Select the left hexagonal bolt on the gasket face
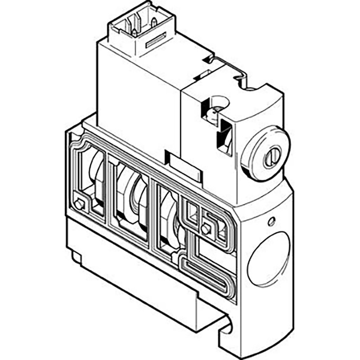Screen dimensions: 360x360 point(79,205)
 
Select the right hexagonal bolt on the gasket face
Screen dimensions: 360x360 point(206,228)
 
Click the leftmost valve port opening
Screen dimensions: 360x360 point(95,180)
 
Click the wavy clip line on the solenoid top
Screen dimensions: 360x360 point(228,69)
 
